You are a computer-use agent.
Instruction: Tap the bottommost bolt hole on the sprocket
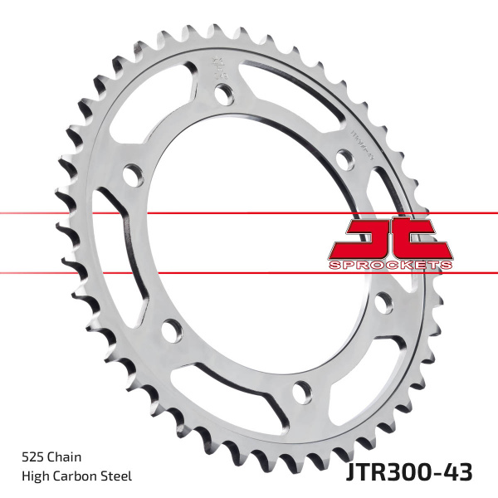pos(303,388)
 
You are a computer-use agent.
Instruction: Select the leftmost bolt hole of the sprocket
pos(131,176)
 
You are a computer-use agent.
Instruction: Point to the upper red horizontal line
pos(166,214)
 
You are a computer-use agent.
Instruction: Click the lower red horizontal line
pos(166,271)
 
